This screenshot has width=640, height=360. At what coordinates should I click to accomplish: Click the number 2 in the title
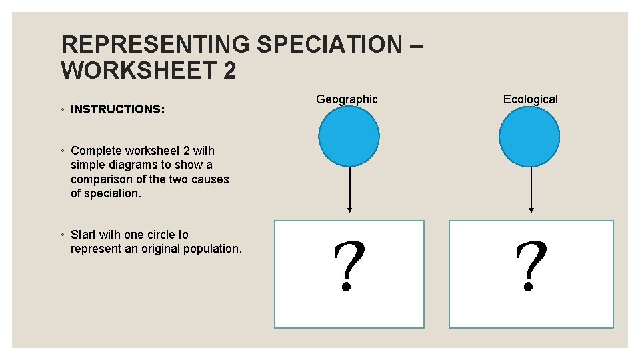[x=229, y=70]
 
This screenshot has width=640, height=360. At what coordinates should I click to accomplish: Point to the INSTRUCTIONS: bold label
[x=117, y=109]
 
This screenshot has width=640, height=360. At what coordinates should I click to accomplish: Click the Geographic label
[x=347, y=99]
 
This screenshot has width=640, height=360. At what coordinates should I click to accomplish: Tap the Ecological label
[x=530, y=99]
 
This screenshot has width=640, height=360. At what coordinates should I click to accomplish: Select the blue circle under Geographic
[x=349, y=137]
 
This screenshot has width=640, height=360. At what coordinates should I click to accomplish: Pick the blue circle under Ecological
[x=529, y=137]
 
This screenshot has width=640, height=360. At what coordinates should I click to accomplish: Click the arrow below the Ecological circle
[x=530, y=190]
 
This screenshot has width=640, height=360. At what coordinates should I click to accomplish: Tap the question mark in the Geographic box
[x=349, y=267]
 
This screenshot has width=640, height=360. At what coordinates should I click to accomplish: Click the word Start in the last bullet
[x=83, y=235]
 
